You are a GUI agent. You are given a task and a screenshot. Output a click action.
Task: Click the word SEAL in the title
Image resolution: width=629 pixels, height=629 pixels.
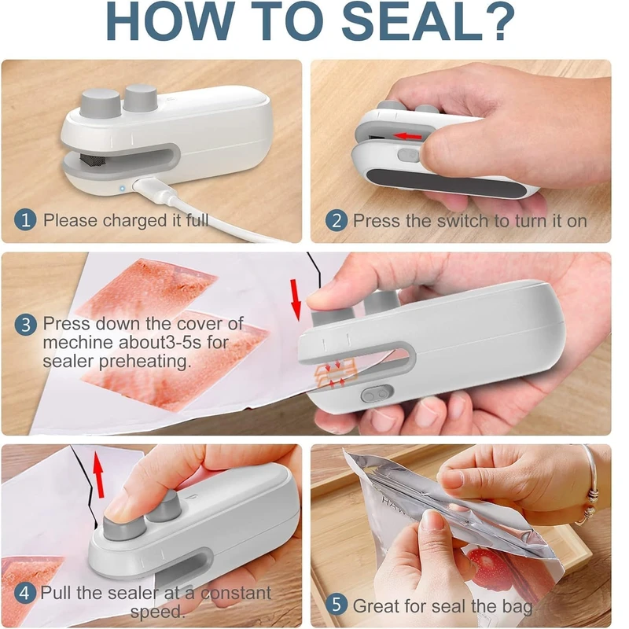point(411,21)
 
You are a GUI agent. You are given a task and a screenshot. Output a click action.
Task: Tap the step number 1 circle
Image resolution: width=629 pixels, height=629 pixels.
point(25,220)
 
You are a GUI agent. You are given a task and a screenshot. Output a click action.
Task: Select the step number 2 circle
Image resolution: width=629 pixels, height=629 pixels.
point(337,221)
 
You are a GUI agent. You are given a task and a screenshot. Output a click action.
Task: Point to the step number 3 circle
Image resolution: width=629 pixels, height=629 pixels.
point(26,324)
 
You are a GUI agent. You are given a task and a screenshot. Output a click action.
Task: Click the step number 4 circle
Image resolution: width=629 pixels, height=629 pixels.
point(25,593)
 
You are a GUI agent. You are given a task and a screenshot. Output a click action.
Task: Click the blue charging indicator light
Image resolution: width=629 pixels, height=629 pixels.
point(122,188)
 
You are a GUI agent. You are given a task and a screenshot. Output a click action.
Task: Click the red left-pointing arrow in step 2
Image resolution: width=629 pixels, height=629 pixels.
point(407,136)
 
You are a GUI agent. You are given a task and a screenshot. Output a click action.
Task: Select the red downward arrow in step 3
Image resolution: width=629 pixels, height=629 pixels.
point(296,300)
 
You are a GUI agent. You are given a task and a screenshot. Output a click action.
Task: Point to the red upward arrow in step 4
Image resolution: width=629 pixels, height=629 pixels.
point(98,474)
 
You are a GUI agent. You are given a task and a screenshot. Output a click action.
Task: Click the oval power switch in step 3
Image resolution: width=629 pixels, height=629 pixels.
point(377,394)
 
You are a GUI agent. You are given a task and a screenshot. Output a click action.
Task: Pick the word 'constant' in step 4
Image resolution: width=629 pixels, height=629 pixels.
point(236,594)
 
